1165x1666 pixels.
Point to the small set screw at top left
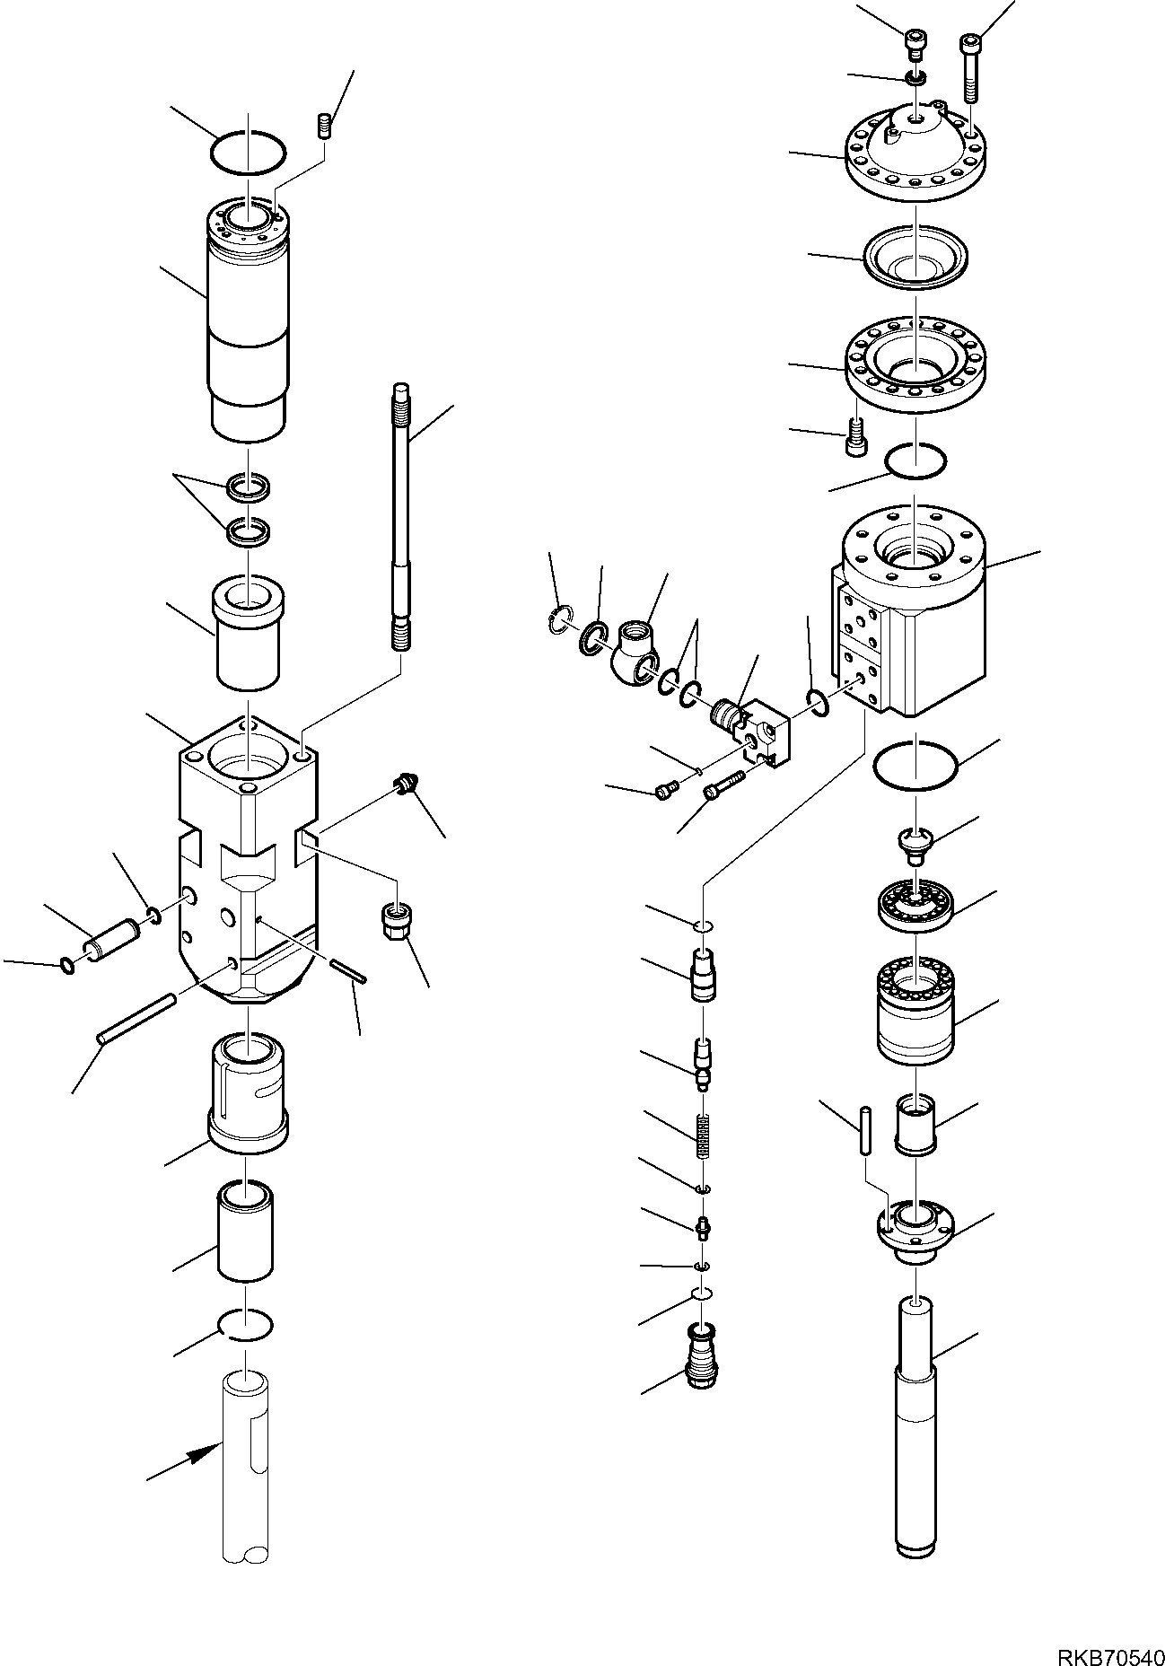[325, 126]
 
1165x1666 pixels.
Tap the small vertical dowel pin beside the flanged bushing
[864, 1130]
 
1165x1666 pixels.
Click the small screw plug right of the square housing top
[402, 785]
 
